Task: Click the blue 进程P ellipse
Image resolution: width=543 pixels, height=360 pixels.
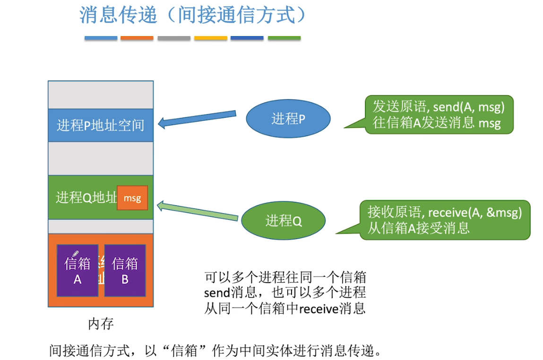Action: pos(288,120)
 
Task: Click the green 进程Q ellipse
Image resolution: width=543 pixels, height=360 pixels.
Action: pos(284,221)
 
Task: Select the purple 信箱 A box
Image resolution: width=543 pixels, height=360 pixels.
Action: pos(78,271)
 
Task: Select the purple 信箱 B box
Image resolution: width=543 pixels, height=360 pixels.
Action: pos(125,271)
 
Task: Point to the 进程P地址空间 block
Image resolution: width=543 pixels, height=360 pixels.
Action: pos(100,125)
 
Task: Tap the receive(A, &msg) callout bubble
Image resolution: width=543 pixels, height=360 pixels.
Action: pos(444,220)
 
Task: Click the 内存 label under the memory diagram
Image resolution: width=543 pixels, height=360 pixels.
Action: pos(101,325)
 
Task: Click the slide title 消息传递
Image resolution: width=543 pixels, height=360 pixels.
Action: pos(118,15)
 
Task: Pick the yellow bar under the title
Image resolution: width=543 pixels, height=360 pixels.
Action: pos(211,38)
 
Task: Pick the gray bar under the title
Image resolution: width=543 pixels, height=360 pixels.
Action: pos(174,38)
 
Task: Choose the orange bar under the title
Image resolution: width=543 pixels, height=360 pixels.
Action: pos(137,38)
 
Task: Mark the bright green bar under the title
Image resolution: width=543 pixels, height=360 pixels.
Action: pos(284,38)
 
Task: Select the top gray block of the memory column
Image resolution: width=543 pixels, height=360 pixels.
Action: pos(100,95)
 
